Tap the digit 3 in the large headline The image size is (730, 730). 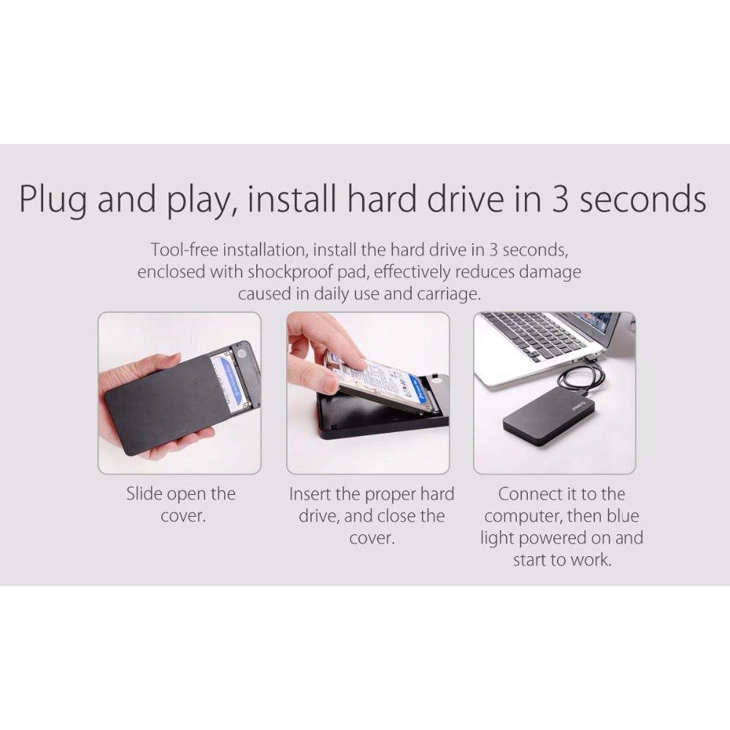click(560, 199)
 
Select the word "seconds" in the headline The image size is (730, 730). click(643, 199)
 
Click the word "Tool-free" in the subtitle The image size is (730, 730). click(184, 250)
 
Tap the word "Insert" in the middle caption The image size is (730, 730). click(310, 494)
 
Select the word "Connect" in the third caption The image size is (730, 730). click(528, 494)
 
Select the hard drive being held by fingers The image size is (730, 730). click(384, 382)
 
